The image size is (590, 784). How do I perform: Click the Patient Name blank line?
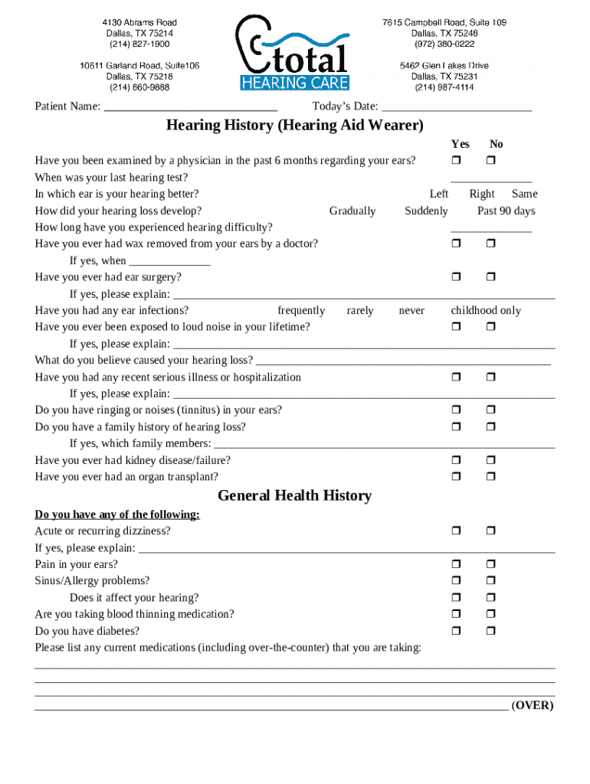coord(190,107)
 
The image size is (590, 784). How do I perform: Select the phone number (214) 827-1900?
coord(139,44)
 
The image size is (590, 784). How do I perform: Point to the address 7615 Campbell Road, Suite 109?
coord(444,23)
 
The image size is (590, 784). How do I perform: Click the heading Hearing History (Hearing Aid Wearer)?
coord(294,125)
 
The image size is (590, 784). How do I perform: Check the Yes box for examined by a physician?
coord(456,161)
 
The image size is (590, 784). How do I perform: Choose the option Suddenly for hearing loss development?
coord(426,211)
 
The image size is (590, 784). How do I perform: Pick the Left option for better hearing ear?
coord(439,194)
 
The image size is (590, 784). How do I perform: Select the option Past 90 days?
coord(506,211)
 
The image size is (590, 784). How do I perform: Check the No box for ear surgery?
coord(491,277)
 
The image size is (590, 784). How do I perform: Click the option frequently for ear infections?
coord(301,310)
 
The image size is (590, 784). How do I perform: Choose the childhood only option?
coord(486,310)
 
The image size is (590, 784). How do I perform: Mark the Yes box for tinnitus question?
coord(456,410)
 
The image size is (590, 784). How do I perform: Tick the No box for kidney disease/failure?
coord(491,460)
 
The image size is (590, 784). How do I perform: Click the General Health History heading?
coord(294,496)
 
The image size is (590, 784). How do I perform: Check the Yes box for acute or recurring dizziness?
coord(456,531)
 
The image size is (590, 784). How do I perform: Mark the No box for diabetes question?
coord(491,631)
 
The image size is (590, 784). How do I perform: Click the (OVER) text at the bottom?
coord(533,705)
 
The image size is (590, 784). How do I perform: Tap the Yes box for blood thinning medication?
coord(456,614)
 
